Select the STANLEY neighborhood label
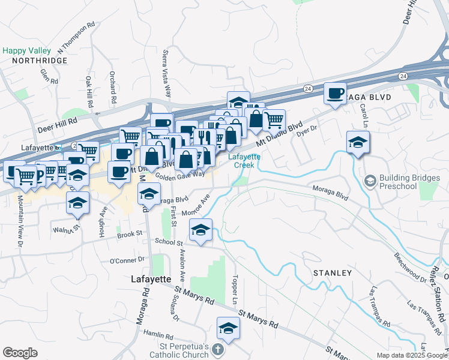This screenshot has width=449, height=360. (x=332, y=273)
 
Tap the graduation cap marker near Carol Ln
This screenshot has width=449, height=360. (x=358, y=143)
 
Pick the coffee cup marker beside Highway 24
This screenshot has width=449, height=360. (x=335, y=94)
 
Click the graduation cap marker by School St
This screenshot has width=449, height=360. (x=201, y=230)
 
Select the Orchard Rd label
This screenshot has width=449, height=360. (x=112, y=86)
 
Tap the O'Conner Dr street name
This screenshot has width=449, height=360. (x=127, y=260)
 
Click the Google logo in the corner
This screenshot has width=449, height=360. (x=20, y=353)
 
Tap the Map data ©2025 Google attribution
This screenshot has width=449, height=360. (x=412, y=355)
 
